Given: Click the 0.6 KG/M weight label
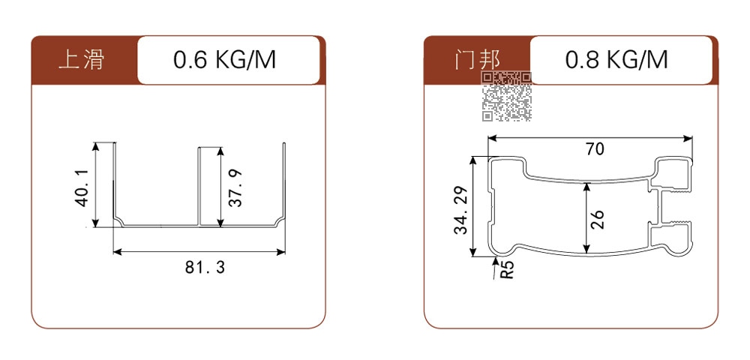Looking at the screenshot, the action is [x=225, y=60].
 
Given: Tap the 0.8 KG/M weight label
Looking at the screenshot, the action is [x=616, y=60].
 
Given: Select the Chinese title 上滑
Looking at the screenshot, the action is [x=81, y=60].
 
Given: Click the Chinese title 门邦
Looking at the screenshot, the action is [x=477, y=60].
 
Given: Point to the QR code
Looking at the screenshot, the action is [x=506, y=96].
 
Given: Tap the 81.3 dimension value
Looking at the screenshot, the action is [x=205, y=267].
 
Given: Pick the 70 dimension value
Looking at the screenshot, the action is [x=595, y=149].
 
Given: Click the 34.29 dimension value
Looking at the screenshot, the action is [x=460, y=210].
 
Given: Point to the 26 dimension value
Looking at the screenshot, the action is [x=598, y=220].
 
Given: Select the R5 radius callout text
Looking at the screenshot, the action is [x=508, y=270].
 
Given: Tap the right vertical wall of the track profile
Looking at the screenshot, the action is [x=284, y=181].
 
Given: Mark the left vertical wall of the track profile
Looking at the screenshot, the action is [x=114, y=181].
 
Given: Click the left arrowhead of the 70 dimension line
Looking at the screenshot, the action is [x=493, y=139].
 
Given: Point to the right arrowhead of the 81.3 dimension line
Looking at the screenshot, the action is [x=280, y=251].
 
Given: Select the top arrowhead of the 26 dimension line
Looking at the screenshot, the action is [x=586, y=187].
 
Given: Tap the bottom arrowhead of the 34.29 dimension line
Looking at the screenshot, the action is [x=473, y=252].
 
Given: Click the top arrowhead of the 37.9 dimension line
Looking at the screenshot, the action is [x=220, y=152].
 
